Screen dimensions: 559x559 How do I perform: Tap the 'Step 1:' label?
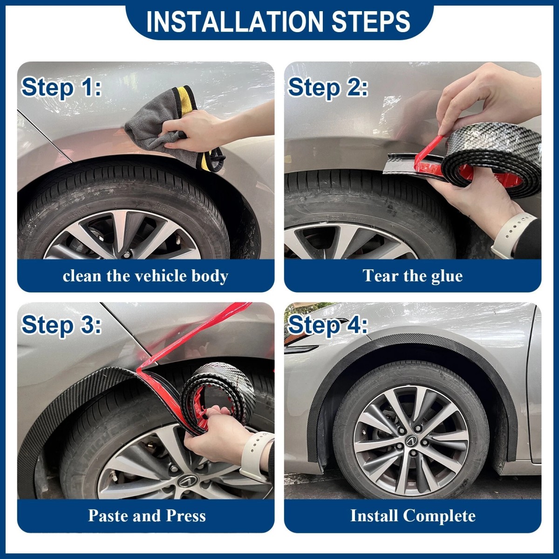[61, 87]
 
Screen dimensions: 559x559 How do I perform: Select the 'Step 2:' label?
[328, 87]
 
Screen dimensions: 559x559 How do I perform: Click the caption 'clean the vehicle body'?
[145, 276]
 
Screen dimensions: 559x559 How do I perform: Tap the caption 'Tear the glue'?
[412, 276]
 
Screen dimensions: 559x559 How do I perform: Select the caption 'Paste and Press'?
[147, 515]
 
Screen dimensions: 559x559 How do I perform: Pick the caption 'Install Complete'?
[413, 515]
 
